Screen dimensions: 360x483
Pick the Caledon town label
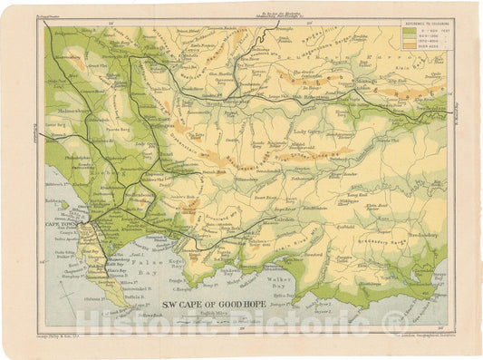(x=288, y=220)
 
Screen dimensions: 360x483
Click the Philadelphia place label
(x=80, y=156)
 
